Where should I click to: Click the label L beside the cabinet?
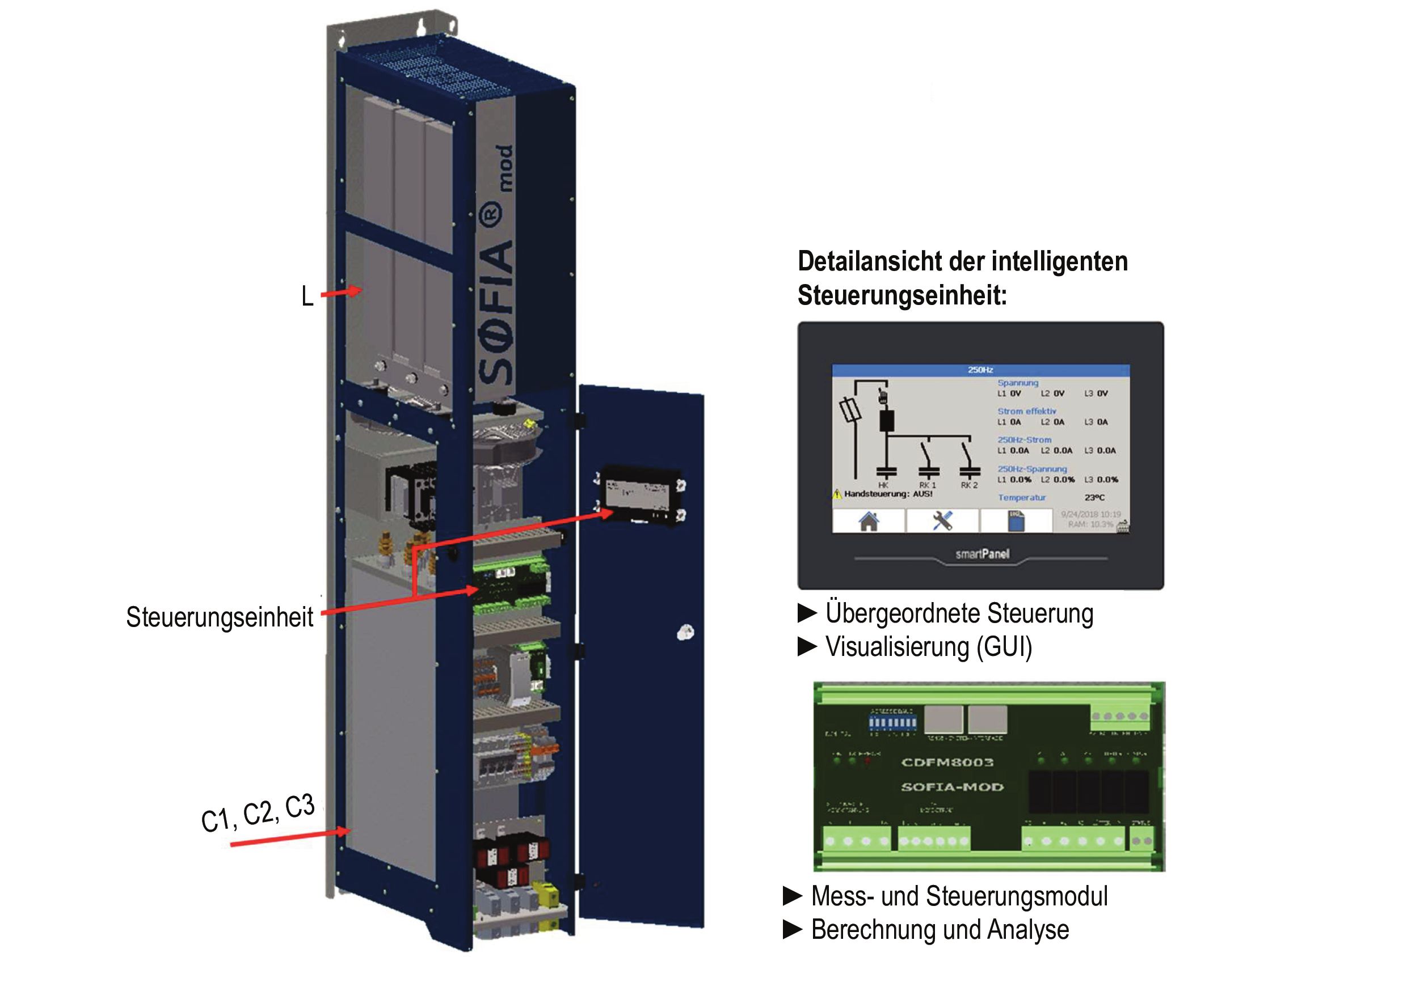pyautogui.click(x=307, y=297)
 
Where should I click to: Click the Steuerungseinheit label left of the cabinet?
pyautogui.click(x=220, y=617)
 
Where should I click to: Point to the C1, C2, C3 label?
pyautogui.click(x=258, y=814)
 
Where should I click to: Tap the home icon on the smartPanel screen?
pyautogui.click(x=869, y=520)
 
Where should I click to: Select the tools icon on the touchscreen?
pyautogui.click(x=942, y=520)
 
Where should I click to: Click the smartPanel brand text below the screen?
pyautogui.click(x=982, y=554)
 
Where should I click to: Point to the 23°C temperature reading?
pyautogui.click(x=1094, y=498)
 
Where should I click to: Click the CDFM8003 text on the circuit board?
pyautogui.click(x=947, y=762)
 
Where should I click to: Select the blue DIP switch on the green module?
pyautogui.click(x=893, y=723)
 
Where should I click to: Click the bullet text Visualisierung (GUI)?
pyautogui.click(x=928, y=647)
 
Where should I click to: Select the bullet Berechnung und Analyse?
pyautogui.click(x=940, y=930)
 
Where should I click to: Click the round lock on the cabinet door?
pyautogui.click(x=685, y=633)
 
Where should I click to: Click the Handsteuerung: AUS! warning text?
pyautogui.click(x=888, y=494)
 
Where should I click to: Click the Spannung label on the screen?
pyautogui.click(x=1018, y=383)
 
